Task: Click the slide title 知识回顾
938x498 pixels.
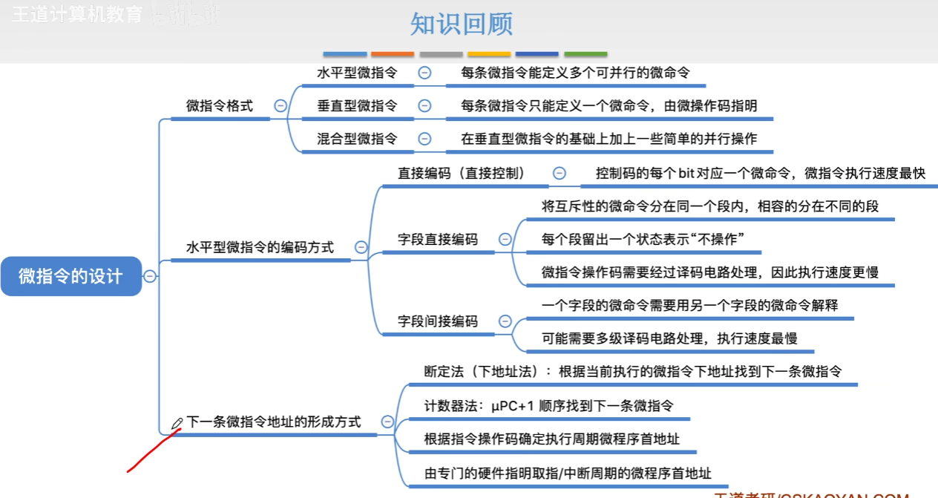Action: pyautogui.click(x=461, y=24)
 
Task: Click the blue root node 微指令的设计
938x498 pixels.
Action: pyautogui.click(x=70, y=276)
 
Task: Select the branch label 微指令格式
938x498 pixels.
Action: pyautogui.click(x=219, y=106)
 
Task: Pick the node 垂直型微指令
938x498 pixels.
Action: pyautogui.click(x=357, y=106)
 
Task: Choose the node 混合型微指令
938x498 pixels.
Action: pyautogui.click(x=357, y=139)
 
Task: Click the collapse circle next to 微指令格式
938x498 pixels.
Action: pyautogui.click(x=281, y=106)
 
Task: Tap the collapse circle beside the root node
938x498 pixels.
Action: pyautogui.click(x=150, y=276)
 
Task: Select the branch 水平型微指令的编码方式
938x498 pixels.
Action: pyautogui.click(x=260, y=247)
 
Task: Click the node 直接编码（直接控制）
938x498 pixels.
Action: pyautogui.click(x=462, y=174)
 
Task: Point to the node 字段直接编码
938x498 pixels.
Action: pyautogui.click(x=438, y=240)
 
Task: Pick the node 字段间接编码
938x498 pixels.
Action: pyautogui.click(x=438, y=321)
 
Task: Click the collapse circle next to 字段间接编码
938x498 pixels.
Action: pyautogui.click(x=505, y=321)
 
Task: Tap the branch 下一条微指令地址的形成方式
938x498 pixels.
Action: pyautogui.click(x=273, y=422)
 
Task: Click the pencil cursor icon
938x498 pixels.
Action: pyautogui.click(x=177, y=424)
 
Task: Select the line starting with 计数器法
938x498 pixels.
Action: pyautogui.click(x=548, y=405)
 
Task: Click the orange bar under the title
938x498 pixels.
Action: pyautogui.click(x=393, y=54)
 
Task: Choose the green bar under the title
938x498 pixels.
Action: pyautogui.click(x=586, y=54)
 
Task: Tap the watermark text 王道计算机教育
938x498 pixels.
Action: pyautogui.click(x=76, y=15)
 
